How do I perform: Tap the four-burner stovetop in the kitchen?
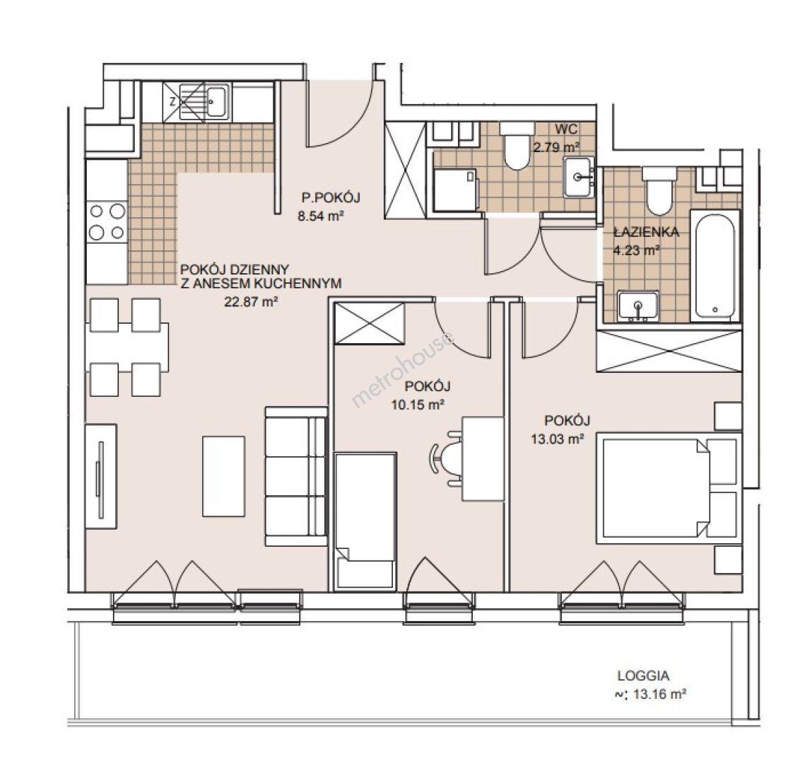pyautogui.click(x=107, y=222)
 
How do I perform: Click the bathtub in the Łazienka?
pyautogui.click(x=714, y=265)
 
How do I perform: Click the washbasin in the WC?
pyautogui.click(x=579, y=178)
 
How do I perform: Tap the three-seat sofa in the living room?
pyautogui.click(x=296, y=476)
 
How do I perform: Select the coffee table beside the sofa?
pyautogui.click(x=224, y=476)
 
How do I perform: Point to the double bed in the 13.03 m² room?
pyautogui.click(x=668, y=488)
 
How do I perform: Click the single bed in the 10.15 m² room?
pyautogui.click(x=365, y=521)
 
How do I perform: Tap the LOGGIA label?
pyautogui.click(x=643, y=676)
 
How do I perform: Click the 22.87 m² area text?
pyautogui.click(x=251, y=301)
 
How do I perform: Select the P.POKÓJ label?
pyautogui.click(x=331, y=197)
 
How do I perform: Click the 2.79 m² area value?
pyautogui.click(x=557, y=147)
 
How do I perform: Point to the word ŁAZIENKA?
pyautogui.click(x=647, y=232)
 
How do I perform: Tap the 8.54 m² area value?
pyautogui.click(x=321, y=216)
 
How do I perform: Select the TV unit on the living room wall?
pyautogui.click(x=101, y=476)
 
